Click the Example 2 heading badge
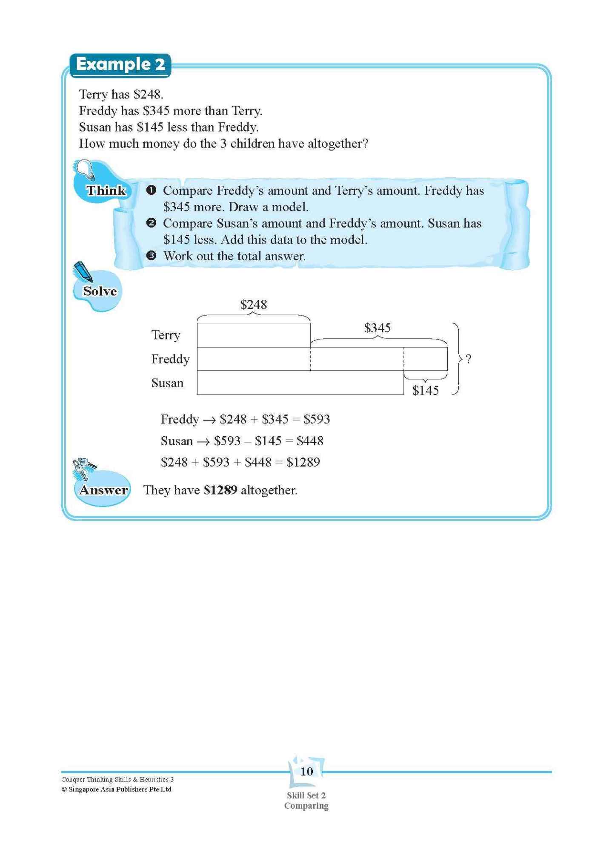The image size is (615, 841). [x=120, y=65]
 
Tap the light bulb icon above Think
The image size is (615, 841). [x=85, y=170]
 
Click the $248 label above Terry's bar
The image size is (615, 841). [x=253, y=305]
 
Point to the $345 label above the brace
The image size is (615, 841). [x=377, y=328]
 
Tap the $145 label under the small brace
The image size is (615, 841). [x=425, y=390]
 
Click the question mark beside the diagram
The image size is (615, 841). [x=468, y=359]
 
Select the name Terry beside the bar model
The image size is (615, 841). [x=166, y=335]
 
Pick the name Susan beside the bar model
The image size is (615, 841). [x=167, y=383]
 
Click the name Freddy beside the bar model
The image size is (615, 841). [x=170, y=359]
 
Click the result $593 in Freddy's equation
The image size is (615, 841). [x=317, y=419]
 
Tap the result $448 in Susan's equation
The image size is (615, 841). [x=310, y=441]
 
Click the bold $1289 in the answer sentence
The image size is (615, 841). [x=220, y=490]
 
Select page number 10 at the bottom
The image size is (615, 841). [x=306, y=772]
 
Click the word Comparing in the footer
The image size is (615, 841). [x=306, y=806]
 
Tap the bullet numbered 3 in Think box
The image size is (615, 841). [x=151, y=256]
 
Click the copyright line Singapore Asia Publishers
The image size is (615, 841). [x=116, y=789]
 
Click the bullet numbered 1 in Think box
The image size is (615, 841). [x=151, y=190]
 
